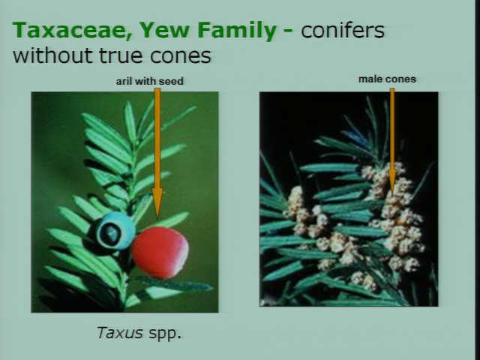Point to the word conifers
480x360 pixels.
[x=342, y=30]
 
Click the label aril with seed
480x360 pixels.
[x=150, y=81]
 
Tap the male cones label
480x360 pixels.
[x=387, y=79]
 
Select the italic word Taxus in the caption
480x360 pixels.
[x=120, y=332]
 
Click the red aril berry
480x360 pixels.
[x=160, y=252]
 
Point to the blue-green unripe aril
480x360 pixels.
[x=115, y=230]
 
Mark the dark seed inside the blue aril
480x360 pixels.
[x=110, y=234]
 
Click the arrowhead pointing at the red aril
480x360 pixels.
[x=157, y=202]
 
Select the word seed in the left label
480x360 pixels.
[x=171, y=81]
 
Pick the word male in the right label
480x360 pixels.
[x=368, y=79]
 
